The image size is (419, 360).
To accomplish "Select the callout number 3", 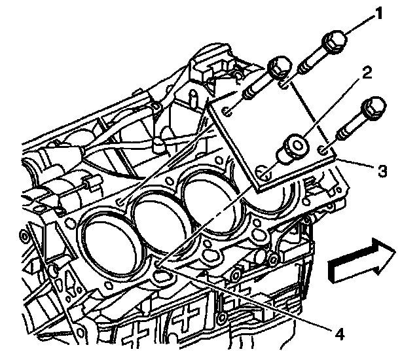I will click(x=382, y=171).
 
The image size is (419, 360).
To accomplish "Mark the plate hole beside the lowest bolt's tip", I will click(x=324, y=152).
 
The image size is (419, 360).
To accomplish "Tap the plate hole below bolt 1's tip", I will click(x=283, y=83).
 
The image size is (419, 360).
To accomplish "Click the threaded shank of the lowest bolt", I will click(x=350, y=131).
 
